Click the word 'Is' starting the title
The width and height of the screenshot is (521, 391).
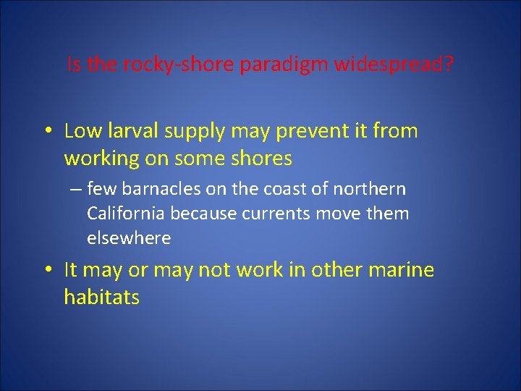(x=73, y=65)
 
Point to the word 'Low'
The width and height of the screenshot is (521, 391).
(x=81, y=131)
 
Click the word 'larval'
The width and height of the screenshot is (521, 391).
(x=127, y=131)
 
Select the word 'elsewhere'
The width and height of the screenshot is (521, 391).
(x=129, y=237)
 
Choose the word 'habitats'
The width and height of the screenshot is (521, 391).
(x=101, y=297)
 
